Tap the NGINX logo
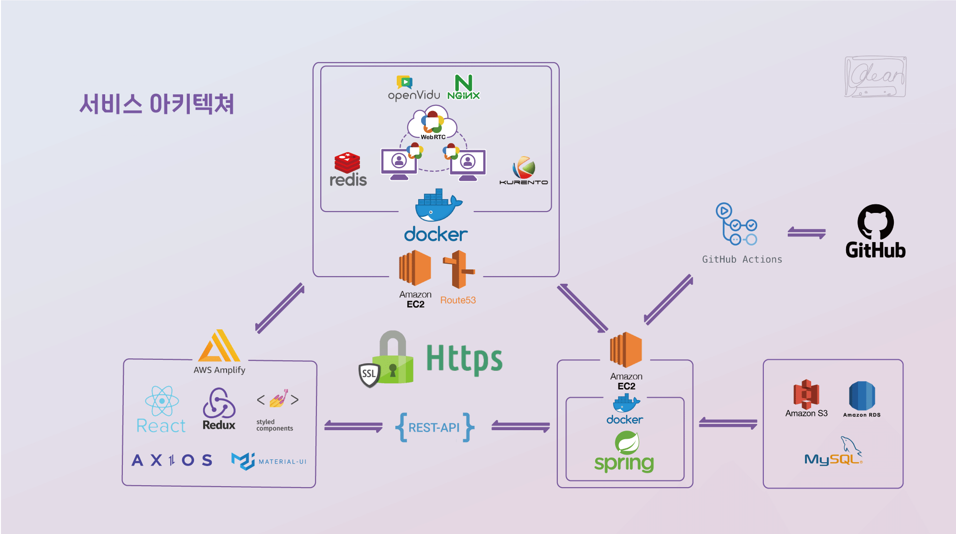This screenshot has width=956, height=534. click(x=463, y=87)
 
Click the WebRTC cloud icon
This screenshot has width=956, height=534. click(x=433, y=123)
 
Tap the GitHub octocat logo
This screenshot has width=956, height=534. click(x=875, y=222)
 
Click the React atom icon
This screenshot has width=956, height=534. click(x=162, y=401)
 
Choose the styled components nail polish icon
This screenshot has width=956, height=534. click(x=278, y=399)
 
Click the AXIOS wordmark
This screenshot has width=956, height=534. click(x=172, y=460)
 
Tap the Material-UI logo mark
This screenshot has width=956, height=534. click(x=243, y=461)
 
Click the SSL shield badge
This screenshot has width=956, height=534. click(x=369, y=374)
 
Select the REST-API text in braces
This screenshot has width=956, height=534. click(x=434, y=427)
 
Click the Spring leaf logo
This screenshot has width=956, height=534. click(x=627, y=443)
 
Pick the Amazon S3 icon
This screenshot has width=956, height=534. click(x=806, y=394)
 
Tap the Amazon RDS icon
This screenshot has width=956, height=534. click(x=862, y=396)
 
